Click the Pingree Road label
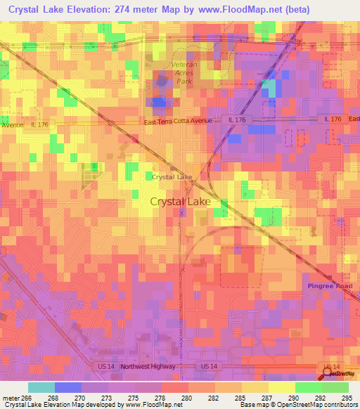coord(330,286)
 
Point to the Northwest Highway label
coord(146,367)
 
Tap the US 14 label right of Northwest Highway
coord(209,367)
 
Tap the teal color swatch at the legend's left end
coord(41,387)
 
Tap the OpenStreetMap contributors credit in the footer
coord(321,405)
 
